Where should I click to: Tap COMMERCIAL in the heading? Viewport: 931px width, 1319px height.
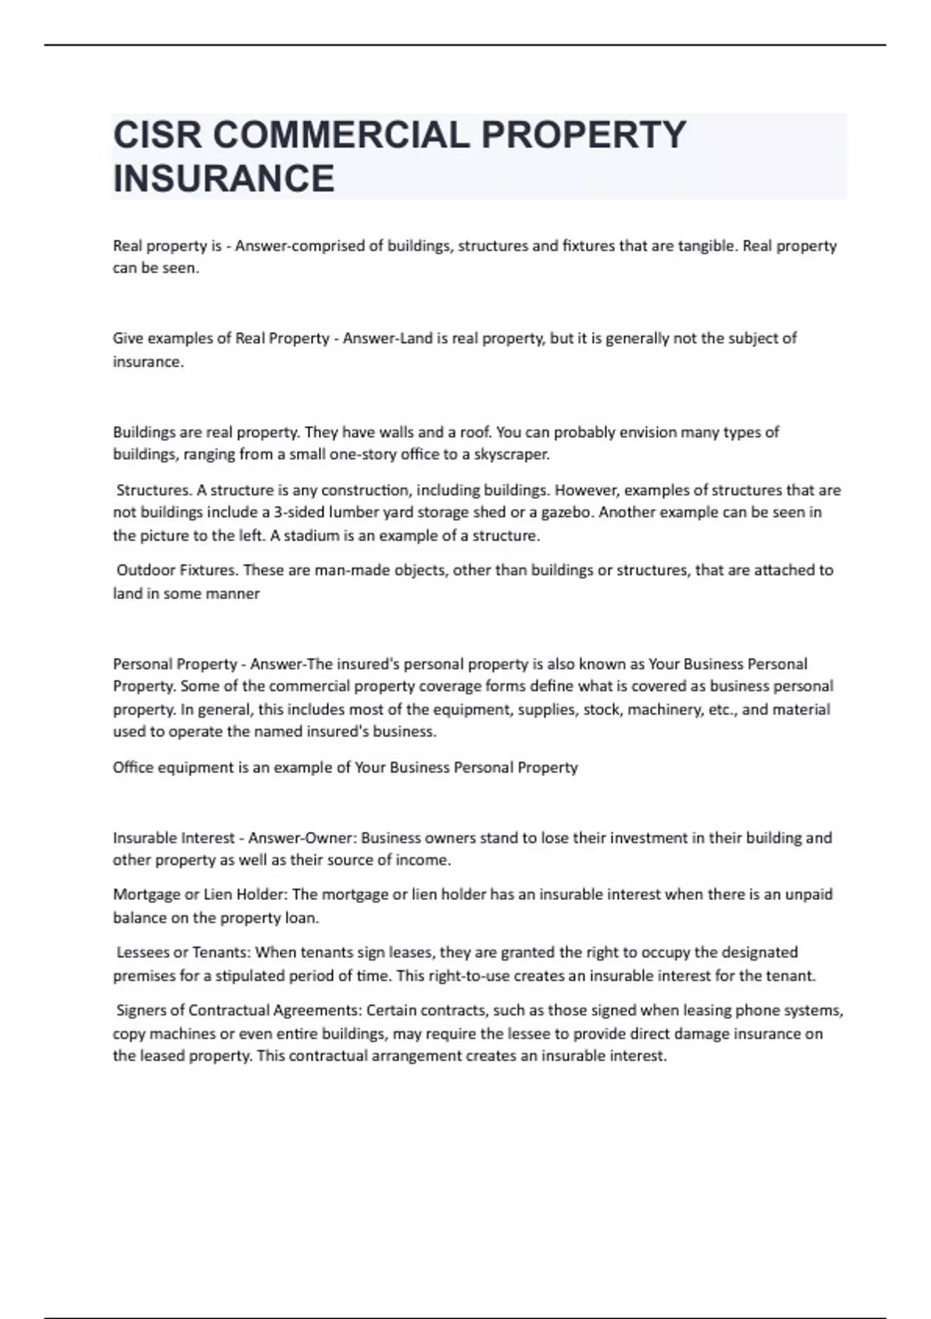(x=341, y=135)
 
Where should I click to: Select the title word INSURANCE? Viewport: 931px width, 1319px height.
(x=223, y=178)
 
